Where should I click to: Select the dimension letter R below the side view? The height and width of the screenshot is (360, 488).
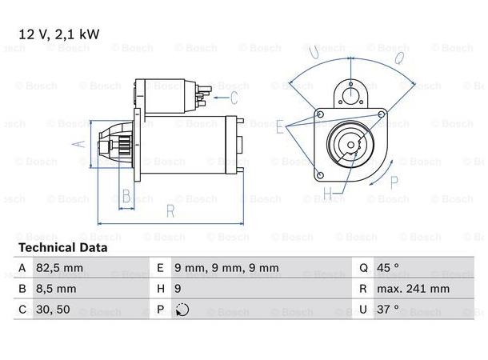coord(170,210)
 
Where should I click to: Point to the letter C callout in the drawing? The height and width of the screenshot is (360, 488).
coord(234,98)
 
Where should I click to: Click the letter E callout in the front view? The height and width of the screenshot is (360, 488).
coord(279,127)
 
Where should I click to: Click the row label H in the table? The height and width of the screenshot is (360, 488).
coord(161,289)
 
